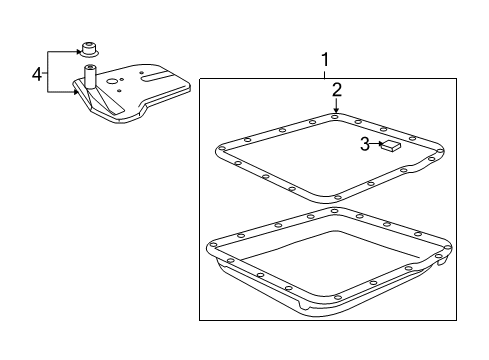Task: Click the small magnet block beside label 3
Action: point(393,146)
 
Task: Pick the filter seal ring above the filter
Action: point(89,46)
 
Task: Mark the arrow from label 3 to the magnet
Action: point(380,145)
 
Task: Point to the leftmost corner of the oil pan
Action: point(208,243)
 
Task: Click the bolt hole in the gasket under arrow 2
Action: point(336,119)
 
